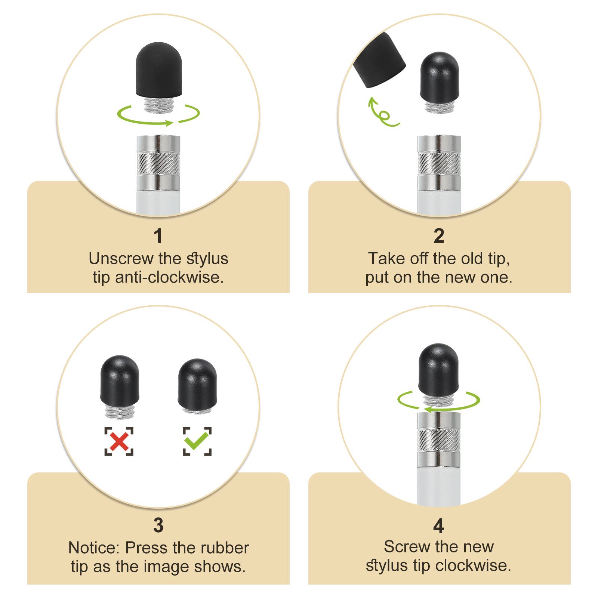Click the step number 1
158,236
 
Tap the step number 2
439,236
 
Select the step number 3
158,525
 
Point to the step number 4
438,526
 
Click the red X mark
119,441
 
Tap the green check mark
197,441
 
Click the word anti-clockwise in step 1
169,278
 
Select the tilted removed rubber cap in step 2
379,60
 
